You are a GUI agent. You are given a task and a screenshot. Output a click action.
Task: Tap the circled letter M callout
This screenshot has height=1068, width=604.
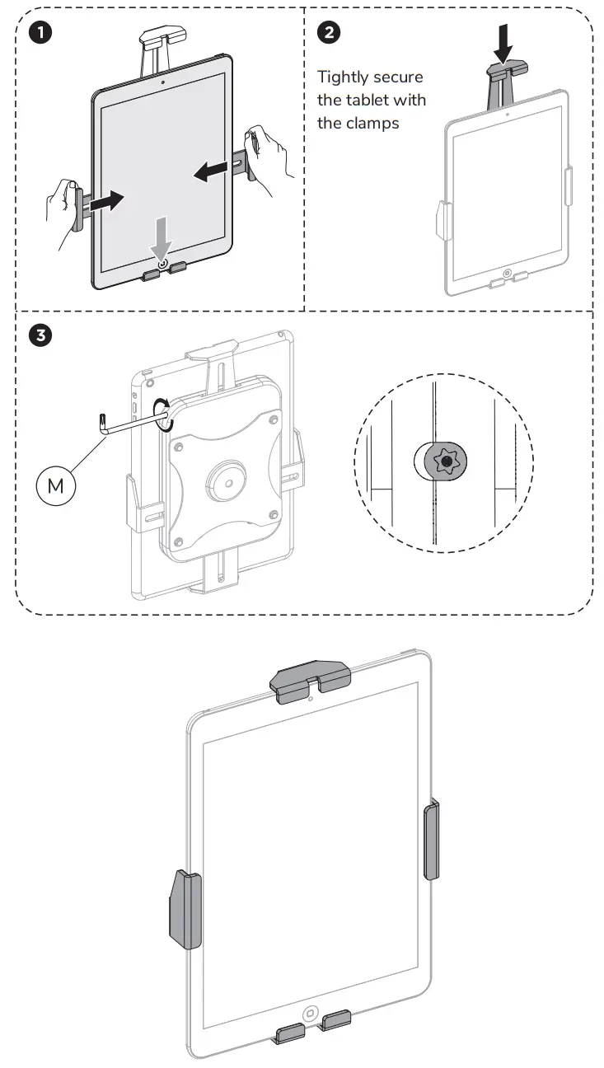tap(55, 485)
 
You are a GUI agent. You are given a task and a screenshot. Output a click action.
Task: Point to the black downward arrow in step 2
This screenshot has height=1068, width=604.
tap(503, 44)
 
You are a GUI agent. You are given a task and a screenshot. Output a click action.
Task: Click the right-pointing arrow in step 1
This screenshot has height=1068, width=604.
tap(105, 200)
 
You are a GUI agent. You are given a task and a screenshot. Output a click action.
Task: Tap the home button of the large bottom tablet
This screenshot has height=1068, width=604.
tap(311, 1013)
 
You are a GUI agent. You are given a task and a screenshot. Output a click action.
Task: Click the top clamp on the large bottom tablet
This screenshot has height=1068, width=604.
tap(311, 681)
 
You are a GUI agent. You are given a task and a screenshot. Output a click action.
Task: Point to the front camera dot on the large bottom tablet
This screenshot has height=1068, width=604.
tap(310, 699)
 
